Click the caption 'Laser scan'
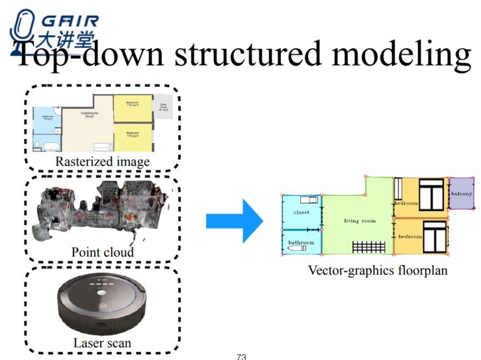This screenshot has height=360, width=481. tap(103, 342)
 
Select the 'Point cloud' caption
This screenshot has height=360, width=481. tap(103, 251)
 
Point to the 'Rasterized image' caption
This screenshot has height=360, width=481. tap(103, 161)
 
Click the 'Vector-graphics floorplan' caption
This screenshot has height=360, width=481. tap(378, 270)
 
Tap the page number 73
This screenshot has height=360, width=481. tap(241, 356)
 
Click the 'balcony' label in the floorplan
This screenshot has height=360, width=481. tap(461, 193)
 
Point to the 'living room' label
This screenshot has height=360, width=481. tap(359, 221)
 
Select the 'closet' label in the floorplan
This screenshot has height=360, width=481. tap(301, 212)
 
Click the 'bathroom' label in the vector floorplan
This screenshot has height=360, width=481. tap(301, 242)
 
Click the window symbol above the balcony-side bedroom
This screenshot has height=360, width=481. tap(431, 196)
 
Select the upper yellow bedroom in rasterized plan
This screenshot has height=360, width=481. tap(133, 109)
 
